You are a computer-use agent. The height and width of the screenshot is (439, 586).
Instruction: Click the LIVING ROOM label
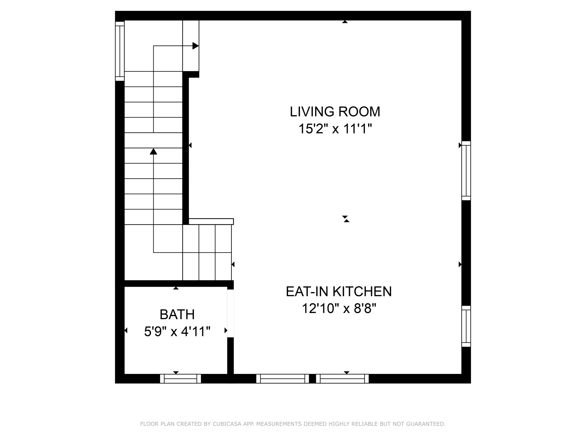[x=335, y=112]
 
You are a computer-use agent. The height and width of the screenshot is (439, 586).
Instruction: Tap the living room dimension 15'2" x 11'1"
[x=335, y=129]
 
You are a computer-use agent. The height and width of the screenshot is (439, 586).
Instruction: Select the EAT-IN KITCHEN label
[x=338, y=292]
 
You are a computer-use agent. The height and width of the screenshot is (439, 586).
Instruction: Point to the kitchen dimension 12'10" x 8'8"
[x=338, y=309]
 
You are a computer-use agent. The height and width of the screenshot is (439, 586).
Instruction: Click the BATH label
[x=177, y=315]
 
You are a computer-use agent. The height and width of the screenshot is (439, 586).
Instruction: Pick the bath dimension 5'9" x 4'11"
[x=177, y=332]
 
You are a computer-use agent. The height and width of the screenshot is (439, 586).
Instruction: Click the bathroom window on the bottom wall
[x=180, y=379]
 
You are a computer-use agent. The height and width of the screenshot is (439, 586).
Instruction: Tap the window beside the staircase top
[x=120, y=51]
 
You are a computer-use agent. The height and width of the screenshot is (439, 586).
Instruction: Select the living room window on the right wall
[x=466, y=171]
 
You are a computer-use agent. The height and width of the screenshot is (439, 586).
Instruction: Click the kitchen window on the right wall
[x=466, y=326]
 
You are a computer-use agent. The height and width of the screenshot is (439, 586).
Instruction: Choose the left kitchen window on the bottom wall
[x=282, y=379]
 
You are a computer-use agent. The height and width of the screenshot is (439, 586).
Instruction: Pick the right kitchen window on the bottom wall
[x=342, y=379]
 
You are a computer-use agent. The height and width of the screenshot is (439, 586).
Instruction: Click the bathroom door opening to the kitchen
[x=230, y=313]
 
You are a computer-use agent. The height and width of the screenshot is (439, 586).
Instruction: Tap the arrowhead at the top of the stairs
[x=195, y=46]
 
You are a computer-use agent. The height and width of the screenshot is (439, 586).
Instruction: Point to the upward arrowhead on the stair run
[x=154, y=151]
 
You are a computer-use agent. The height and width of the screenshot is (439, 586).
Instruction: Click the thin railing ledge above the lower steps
[x=211, y=222]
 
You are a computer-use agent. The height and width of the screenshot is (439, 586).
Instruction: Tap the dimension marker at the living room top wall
[x=345, y=22]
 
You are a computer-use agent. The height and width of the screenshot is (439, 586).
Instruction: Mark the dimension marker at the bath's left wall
[x=126, y=330]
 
